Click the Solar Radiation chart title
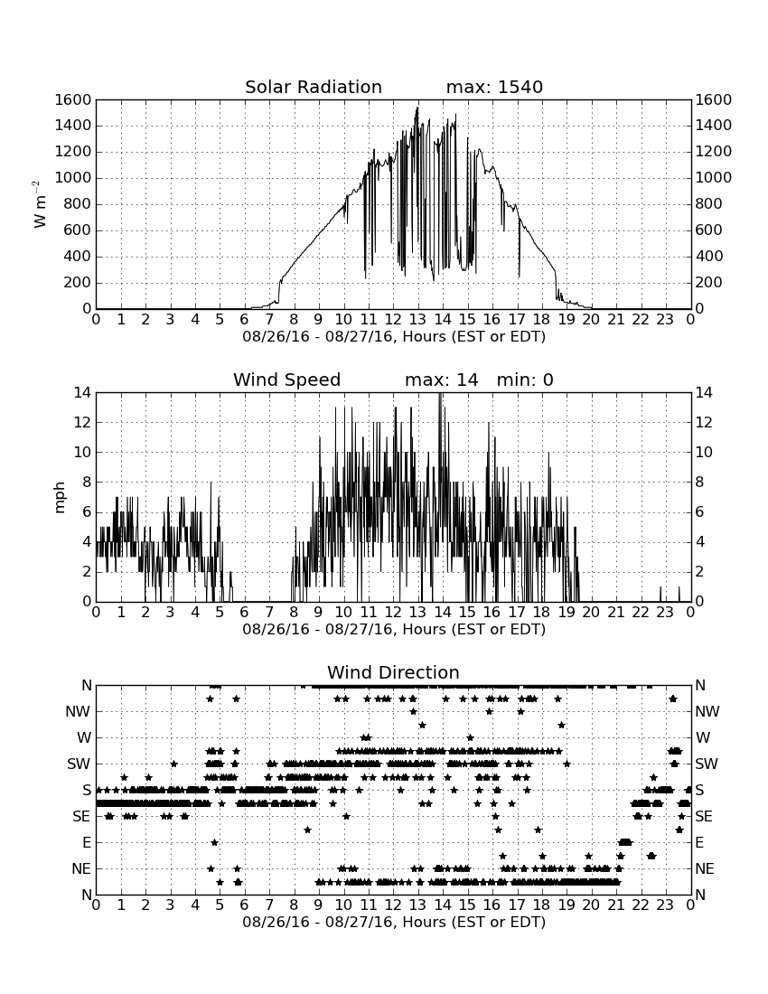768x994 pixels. [x=313, y=87]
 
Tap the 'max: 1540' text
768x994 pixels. [x=494, y=87]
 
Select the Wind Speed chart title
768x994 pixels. [x=286, y=380]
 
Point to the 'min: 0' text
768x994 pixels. [x=525, y=380]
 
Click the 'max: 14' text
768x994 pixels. [x=441, y=380]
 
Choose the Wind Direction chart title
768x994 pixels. [x=393, y=672]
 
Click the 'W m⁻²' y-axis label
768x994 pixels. [x=39, y=204]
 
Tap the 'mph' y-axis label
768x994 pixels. [x=59, y=498]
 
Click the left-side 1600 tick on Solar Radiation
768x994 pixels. [x=73, y=99]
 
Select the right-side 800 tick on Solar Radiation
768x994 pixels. [x=709, y=204]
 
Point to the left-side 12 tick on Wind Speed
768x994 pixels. [x=82, y=422]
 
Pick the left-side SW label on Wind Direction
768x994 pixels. [x=79, y=764]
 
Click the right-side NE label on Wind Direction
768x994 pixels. [x=705, y=868]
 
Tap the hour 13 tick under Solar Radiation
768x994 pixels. [x=417, y=319]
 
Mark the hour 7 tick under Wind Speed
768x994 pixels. [x=269, y=612]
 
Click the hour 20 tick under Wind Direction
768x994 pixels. [x=591, y=905]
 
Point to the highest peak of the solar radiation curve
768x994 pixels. [x=417, y=108]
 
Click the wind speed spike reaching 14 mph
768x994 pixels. [x=440, y=395]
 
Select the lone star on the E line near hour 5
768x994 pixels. [x=215, y=842]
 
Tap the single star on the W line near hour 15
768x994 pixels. [x=470, y=737]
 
